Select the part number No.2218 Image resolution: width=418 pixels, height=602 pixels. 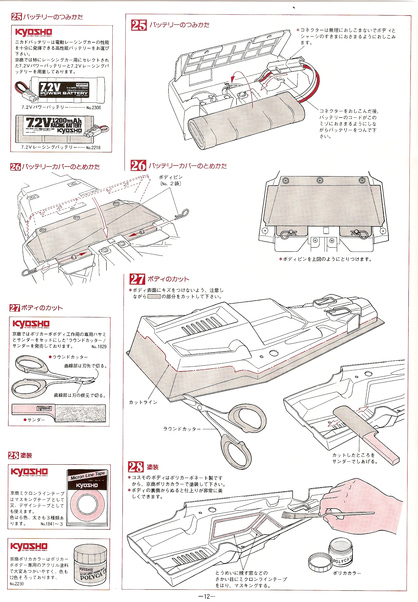pyautogui.click(x=93, y=148)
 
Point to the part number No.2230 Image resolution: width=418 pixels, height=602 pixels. pyautogui.click(x=17, y=584)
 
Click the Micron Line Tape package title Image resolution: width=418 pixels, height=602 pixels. pyautogui.click(x=87, y=475)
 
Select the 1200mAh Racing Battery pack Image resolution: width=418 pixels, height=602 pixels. pyautogui.click(x=55, y=129)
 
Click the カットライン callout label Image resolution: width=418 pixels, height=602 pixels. pyautogui.click(x=143, y=402)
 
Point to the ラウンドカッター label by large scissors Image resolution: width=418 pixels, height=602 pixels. pyautogui.click(x=182, y=429)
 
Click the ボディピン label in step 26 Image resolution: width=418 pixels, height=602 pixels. pyautogui.click(x=171, y=177)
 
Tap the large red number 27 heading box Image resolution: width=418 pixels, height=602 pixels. pyautogui.click(x=137, y=279)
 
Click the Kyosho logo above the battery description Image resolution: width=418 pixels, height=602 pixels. pyautogui.click(x=33, y=32)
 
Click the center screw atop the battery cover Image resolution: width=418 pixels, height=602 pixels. pyautogui.click(x=320, y=180)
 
